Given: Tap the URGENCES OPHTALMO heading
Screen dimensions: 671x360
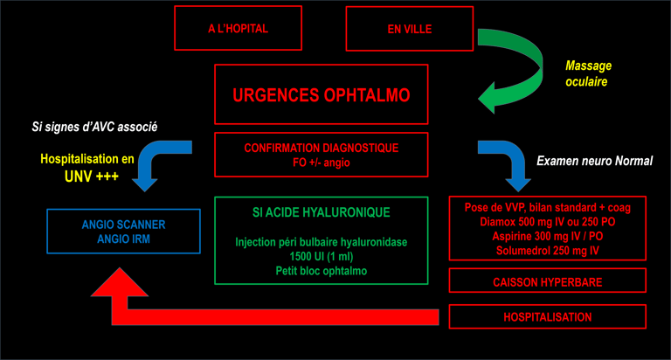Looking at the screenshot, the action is pos(322,95).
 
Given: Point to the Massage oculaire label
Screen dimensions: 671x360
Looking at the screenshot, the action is pos(588,73).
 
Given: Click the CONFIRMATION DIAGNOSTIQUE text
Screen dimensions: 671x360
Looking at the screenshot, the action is pos(322,149).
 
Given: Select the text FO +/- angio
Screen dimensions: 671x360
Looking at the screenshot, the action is pos(322,163).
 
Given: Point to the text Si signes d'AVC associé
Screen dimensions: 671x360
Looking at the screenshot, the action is pos(94,127).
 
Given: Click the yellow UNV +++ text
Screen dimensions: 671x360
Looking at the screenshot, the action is pos(92,177).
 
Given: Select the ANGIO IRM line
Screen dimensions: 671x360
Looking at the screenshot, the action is pos(124,239).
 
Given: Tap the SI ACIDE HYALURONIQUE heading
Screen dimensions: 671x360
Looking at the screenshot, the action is pos(322,212).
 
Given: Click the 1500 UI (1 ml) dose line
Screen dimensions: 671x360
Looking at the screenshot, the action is pos(322,256).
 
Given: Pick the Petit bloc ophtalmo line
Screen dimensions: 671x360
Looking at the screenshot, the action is pos(322,271).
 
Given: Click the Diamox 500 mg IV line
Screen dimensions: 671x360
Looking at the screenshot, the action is pos(548,222).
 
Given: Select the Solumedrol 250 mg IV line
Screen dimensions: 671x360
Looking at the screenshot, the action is pos(548,251).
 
